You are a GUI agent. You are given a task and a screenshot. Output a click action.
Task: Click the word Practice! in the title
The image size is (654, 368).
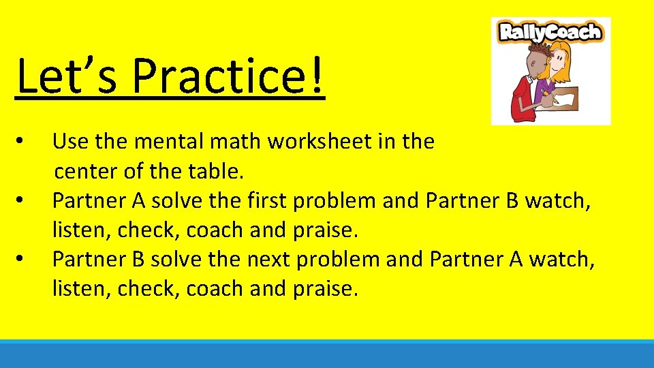click(229, 76)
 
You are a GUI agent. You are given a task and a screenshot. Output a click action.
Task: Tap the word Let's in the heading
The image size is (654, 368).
click(69, 76)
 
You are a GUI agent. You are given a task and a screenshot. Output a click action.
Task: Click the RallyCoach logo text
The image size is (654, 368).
click(550, 32)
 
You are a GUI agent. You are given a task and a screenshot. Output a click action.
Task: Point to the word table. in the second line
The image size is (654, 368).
click(215, 172)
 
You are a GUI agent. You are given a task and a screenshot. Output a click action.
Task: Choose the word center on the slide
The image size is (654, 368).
click(87, 172)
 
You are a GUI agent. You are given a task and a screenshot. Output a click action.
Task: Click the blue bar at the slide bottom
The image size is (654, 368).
click(327, 354)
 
